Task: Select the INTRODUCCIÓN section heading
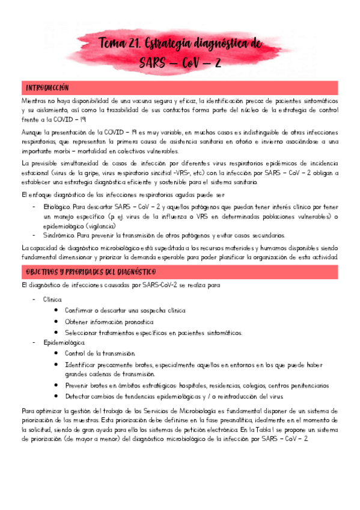[47, 87]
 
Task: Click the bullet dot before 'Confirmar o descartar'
[56, 311]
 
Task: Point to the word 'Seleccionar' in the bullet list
[84, 332]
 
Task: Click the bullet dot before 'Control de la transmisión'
[56, 354]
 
